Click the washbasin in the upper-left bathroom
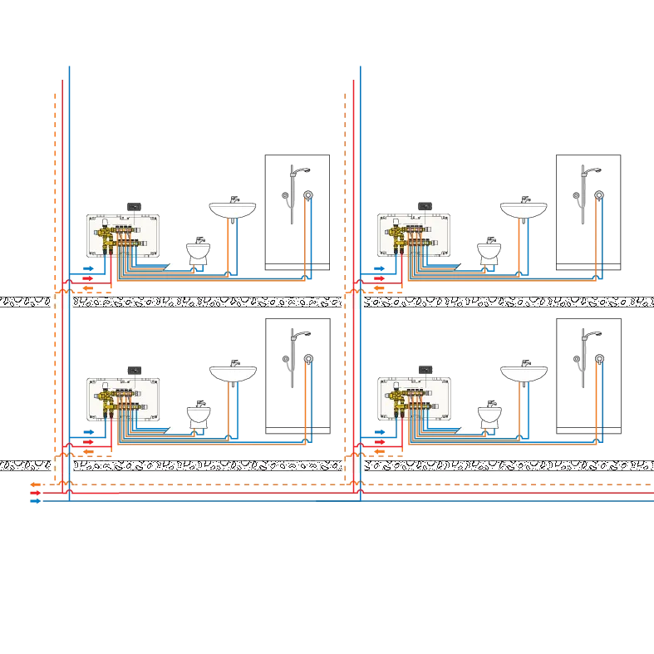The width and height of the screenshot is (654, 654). tap(232, 209)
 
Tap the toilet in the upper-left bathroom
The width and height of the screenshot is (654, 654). tap(198, 250)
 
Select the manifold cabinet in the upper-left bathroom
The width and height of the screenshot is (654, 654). tap(123, 235)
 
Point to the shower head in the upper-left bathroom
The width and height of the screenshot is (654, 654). tap(303, 170)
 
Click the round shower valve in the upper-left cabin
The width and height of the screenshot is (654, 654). tap(309, 196)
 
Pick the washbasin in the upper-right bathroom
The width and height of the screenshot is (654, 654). tap(524, 209)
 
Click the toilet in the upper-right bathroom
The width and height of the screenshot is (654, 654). tap(489, 250)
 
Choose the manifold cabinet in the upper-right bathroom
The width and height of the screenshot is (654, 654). tap(415, 235)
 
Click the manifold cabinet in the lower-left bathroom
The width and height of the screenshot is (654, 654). tap(123, 399)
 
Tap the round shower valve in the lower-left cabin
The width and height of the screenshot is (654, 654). tap(309, 360)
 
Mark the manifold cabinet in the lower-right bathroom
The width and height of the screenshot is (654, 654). tap(415, 399)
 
